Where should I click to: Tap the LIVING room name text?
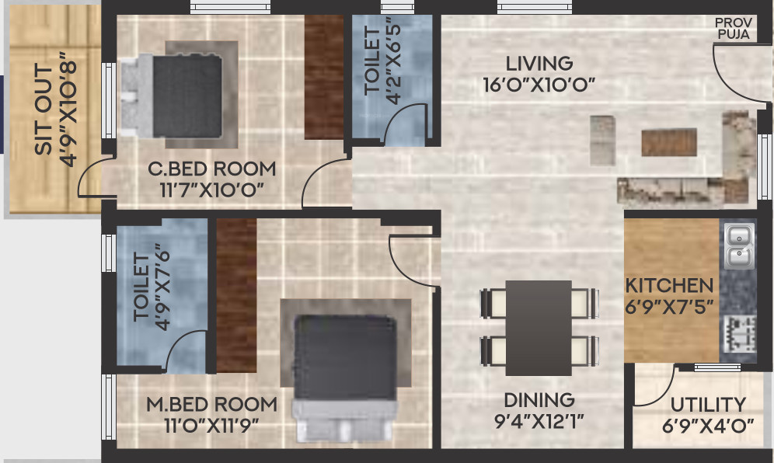[539, 64]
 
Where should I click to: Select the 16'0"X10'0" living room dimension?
[539, 85]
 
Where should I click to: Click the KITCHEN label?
[669, 286]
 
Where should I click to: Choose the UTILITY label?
[707, 405]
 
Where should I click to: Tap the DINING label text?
[539, 400]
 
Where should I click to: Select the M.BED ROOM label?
[212, 405]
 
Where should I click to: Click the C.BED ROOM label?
[212, 169]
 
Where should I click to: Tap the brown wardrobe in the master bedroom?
[236, 295]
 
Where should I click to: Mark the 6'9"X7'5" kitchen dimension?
[669, 306]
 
